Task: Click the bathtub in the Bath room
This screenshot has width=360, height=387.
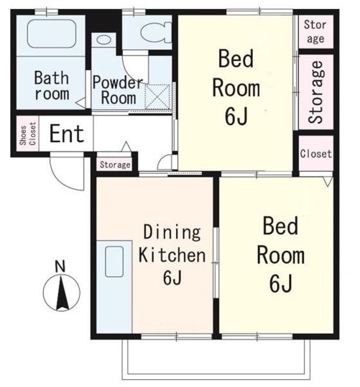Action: click(51, 34)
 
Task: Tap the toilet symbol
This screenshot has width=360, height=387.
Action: click(156, 33)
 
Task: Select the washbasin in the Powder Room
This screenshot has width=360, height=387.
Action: click(103, 40)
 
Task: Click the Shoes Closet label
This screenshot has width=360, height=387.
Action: click(28, 134)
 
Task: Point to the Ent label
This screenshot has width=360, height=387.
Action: click(67, 134)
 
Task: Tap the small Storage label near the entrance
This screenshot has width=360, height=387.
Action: click(115, 164)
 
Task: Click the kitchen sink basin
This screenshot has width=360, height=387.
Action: click(114, 261)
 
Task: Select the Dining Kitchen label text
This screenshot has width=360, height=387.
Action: click(172, 255)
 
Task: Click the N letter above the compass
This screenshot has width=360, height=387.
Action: click(60, 267)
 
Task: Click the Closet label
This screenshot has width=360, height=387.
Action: click(316, 154)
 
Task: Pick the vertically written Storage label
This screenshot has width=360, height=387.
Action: click(316, 92)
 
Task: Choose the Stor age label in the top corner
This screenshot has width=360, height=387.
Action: click(315, 31)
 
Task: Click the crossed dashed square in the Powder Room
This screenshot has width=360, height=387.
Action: click(157, 97)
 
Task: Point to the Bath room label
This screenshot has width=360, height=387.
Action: click(51, 85)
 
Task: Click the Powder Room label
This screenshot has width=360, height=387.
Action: click(118, 90)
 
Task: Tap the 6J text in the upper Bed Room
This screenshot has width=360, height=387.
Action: click(236, 117)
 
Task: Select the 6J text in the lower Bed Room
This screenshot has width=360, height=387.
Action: click(281, 284)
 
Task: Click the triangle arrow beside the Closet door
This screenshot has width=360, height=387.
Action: click(328, 181)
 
